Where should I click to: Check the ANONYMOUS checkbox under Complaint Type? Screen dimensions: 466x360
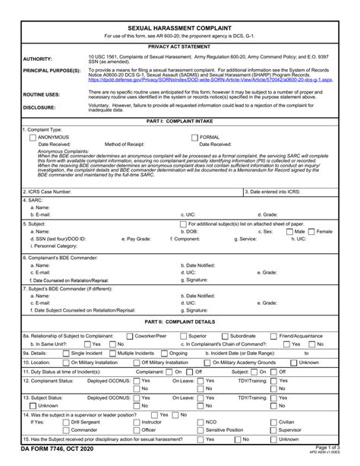click(x=33, y=136)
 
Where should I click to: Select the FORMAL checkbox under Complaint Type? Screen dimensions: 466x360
click(x=194, y=136)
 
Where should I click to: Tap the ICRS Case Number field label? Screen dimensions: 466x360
click(x=47, y=192)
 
